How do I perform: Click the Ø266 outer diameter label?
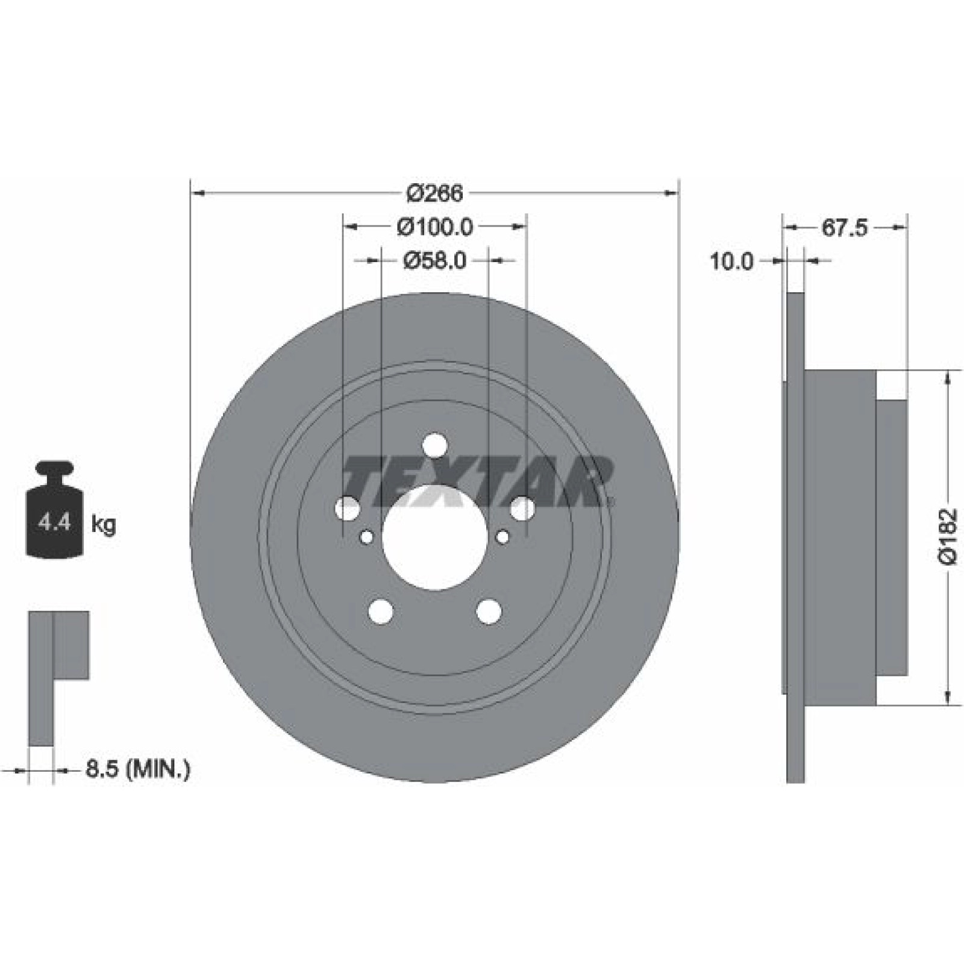pos(434,193)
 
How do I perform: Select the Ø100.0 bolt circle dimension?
pos(435,227)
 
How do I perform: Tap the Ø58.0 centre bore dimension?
pos(434,260)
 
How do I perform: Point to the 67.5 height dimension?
pos(843,228)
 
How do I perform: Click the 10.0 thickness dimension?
pos(731,261)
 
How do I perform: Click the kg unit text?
pos(103,524)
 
